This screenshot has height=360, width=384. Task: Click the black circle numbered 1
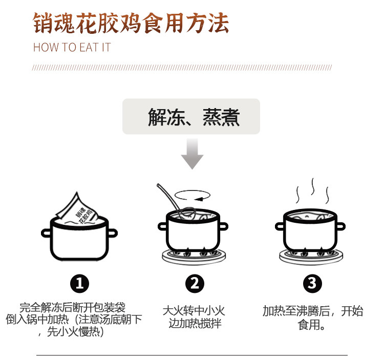point(79,283)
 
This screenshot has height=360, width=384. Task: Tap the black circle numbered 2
point(194,283)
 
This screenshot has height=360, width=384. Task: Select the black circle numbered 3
point(312,283)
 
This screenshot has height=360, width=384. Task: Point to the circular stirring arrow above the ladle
point(194,196)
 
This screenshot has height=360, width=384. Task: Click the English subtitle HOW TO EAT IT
point(72,48)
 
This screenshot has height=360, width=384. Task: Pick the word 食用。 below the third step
point(311,325)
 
